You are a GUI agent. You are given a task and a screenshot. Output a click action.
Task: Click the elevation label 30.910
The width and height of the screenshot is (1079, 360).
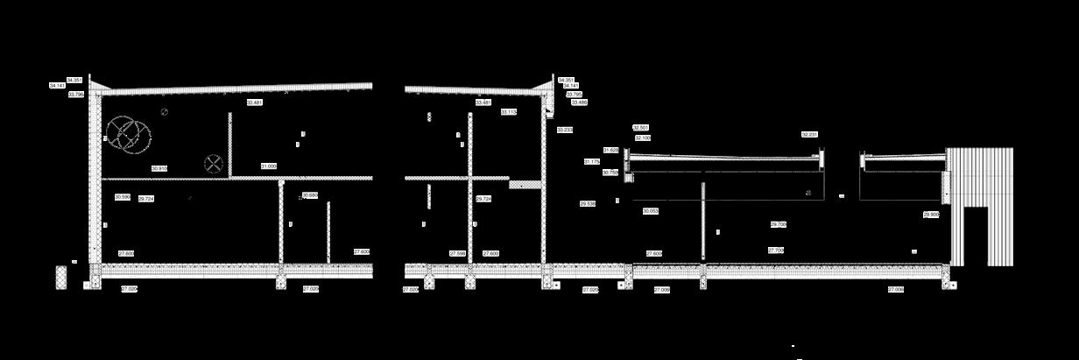click(159, 168)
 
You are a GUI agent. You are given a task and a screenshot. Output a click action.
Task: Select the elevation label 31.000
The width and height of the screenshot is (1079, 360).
click(269, 166)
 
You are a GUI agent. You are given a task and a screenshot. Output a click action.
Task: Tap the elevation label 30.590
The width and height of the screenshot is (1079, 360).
click(123, 197)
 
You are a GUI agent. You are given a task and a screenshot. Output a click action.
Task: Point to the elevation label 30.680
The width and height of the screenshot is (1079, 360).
click(310, 194)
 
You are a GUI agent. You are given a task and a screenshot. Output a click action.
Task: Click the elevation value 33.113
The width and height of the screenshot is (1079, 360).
click(509, 112)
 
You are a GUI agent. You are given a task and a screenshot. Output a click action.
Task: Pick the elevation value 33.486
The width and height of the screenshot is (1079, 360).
click(579, 102)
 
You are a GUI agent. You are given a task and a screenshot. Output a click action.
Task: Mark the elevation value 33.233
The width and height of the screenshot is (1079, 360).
click(565, 130)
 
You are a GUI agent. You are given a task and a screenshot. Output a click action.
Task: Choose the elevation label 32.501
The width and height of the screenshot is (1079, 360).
click(640, 128)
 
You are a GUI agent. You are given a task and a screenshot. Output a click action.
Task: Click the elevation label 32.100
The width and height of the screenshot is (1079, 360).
click(643, 138)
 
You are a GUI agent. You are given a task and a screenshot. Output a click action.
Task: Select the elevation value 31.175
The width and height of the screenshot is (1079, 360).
click(592, 162)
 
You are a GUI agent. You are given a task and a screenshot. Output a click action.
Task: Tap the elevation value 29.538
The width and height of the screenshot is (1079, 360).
click(588, 203)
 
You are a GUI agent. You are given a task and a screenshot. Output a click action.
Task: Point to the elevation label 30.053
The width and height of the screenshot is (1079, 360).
click(651, 211)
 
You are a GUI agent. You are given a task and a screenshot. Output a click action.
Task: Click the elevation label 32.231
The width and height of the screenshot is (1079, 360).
click(810, 135)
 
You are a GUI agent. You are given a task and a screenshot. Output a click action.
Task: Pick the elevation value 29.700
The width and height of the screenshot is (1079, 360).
click(779, 224)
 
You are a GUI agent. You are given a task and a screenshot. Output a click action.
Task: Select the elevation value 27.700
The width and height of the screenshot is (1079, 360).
click(776, 251)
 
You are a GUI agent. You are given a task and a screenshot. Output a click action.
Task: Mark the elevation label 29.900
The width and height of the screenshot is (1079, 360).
click(931, 214)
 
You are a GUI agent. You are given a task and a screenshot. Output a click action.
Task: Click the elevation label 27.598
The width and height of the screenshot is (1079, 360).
click(457, 253)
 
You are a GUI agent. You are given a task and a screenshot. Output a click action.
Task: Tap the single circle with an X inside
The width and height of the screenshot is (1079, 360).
click(213, 163)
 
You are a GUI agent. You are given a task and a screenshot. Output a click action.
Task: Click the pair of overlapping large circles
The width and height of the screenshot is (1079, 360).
click(128, 135)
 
